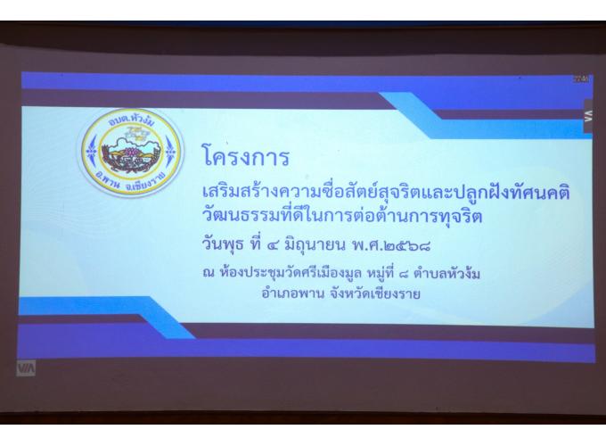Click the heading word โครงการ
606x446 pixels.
(246, 157)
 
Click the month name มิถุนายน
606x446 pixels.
(315, 245)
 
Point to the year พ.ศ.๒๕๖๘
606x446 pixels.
(391, 245)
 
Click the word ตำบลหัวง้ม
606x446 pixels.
(447, 274)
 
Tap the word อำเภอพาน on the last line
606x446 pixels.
(292, 293)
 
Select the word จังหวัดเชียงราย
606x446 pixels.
(375, 293)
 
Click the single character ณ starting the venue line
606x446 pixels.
(209, 274)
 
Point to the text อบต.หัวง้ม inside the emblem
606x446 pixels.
(131, 120)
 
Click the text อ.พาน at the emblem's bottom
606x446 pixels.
(109, 181)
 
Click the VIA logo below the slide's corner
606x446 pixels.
(26, 368)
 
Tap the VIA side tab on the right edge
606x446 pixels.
(588, 116)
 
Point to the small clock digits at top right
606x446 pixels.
(581, 79)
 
